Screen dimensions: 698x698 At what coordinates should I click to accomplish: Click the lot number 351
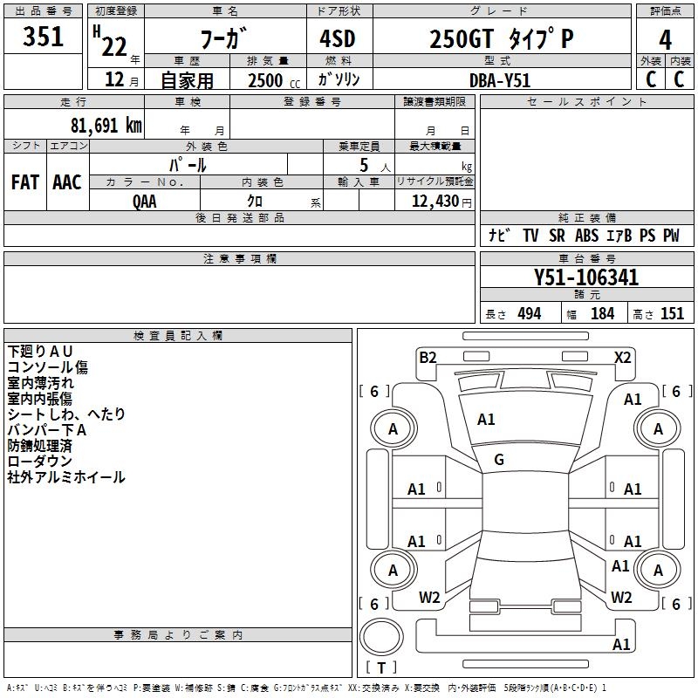click(44, 38)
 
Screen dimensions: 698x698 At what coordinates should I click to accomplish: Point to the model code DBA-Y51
click(499, 79)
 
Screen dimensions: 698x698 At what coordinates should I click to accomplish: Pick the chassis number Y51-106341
click(586, 278)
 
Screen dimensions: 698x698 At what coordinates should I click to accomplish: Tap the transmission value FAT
click(25, 182)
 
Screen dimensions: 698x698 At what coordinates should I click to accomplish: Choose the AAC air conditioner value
click(67, 182)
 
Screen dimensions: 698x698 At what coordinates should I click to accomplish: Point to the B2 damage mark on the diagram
click(428, 357)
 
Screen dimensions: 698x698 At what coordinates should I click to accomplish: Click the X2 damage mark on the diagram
click(622, 357)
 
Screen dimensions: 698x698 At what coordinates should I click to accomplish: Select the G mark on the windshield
click(499, 460)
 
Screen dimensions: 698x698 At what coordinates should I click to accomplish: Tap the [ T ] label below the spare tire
click(381, 668)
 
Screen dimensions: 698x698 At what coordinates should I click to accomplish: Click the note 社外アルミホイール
click(66, 477)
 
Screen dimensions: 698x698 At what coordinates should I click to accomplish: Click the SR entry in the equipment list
click(557, 236)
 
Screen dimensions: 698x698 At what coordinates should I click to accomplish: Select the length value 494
click(530, 314)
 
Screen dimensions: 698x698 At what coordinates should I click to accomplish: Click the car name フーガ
click(223, 39)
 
